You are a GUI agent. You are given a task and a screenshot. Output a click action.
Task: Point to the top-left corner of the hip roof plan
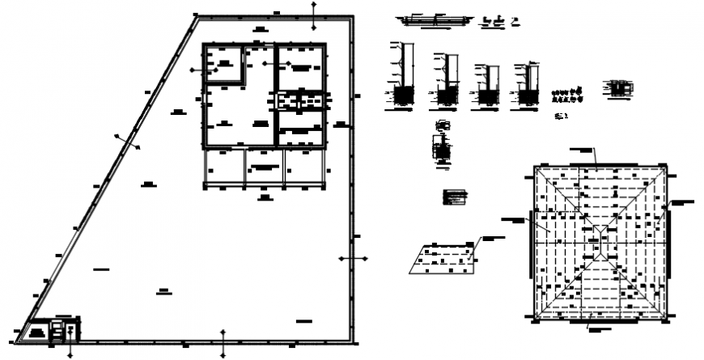click(x=535, y=166)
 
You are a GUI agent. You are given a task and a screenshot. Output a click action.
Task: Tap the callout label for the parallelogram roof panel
click(x=493, y=237)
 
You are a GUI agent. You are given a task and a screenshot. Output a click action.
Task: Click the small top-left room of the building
click(x=224, y=64)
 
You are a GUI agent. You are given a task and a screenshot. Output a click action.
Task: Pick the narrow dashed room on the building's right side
click(x=302, y=101)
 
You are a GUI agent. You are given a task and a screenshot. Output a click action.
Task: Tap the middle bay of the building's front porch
click(x=264, y=166)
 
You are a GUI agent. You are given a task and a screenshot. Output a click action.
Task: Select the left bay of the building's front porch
click(x=224, y=166)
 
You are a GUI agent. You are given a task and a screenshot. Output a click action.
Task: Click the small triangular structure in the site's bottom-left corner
click(x=36, y=331)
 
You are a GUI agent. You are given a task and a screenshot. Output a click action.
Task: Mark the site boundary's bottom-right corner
click(x=350, y=342)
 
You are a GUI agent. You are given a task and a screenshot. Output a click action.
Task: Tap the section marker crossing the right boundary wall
click(x=351, y=259)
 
